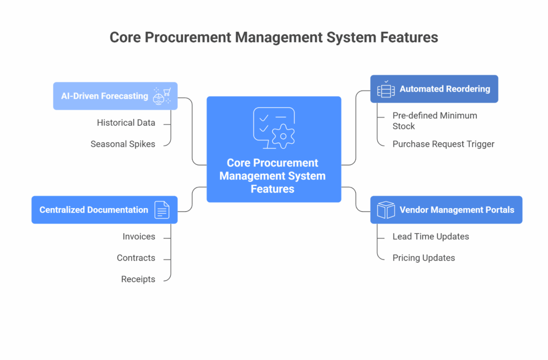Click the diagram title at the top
(x=273, y=37)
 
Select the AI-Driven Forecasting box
(x=116, y=96)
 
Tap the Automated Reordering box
(x=434, y=89)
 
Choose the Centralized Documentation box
(x=104, y=210)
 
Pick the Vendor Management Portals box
(x=446, y=210)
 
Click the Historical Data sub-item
(x=126, y=123)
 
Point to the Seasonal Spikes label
(x=123, y=144)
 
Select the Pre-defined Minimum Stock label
(x=435, y=121)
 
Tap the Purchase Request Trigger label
(x=443, y=144)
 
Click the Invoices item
(x=139, y=237)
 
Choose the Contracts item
(x=136, y=258)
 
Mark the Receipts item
(x=138, y=279)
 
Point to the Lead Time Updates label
(x=431, y=237)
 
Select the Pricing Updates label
(x=424, y=258)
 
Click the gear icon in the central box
(x=283, y=136)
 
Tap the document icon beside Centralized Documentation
(x=162, y=210)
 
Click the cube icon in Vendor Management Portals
(x=386, y=210)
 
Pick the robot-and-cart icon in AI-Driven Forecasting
(x=162, y=96)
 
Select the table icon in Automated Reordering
(x=386, y=89)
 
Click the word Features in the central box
(x=272, y=189)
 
